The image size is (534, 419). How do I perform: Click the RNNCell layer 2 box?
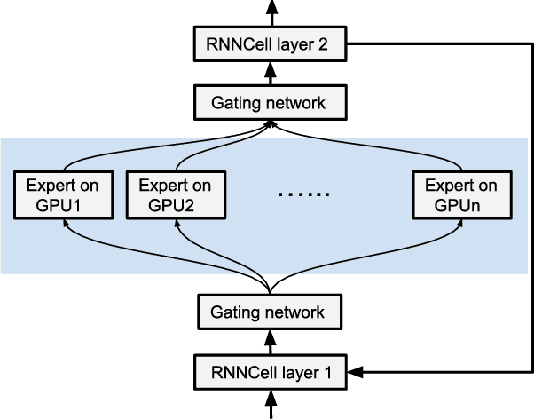pos(268,44)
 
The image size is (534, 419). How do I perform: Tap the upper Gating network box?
pos(268,103)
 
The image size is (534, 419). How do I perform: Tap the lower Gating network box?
pos(268,312)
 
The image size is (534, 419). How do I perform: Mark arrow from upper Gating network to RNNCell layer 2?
pos(268,74)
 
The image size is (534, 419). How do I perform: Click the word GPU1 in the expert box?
pos(64,207)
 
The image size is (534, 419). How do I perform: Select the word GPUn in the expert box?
pos(461,207)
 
